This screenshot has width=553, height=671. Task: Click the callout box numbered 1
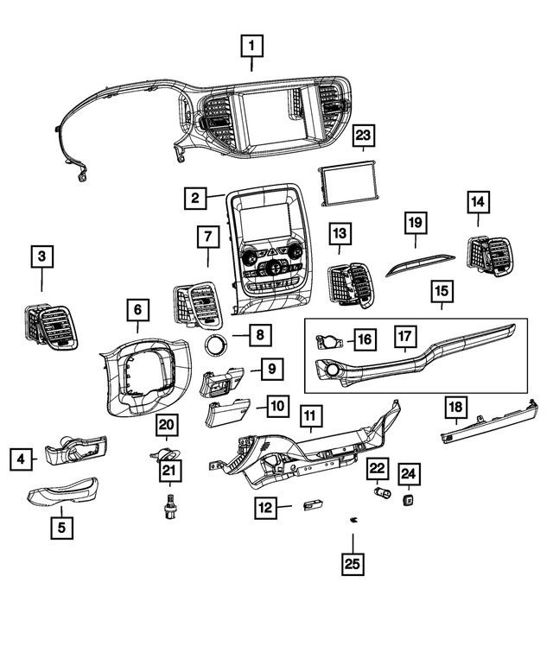tap(251, 43)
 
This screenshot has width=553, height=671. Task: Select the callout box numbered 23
tap(364, 136)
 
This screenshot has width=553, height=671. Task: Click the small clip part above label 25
tap(353, 520)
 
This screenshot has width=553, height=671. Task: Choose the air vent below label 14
tap(487, 257)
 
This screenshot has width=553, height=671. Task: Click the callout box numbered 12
tap(267, 508)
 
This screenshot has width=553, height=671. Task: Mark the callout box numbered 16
tap(365, 339)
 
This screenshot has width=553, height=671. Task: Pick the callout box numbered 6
tap(137, 308)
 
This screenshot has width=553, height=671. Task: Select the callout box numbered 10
tap(276, 405)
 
